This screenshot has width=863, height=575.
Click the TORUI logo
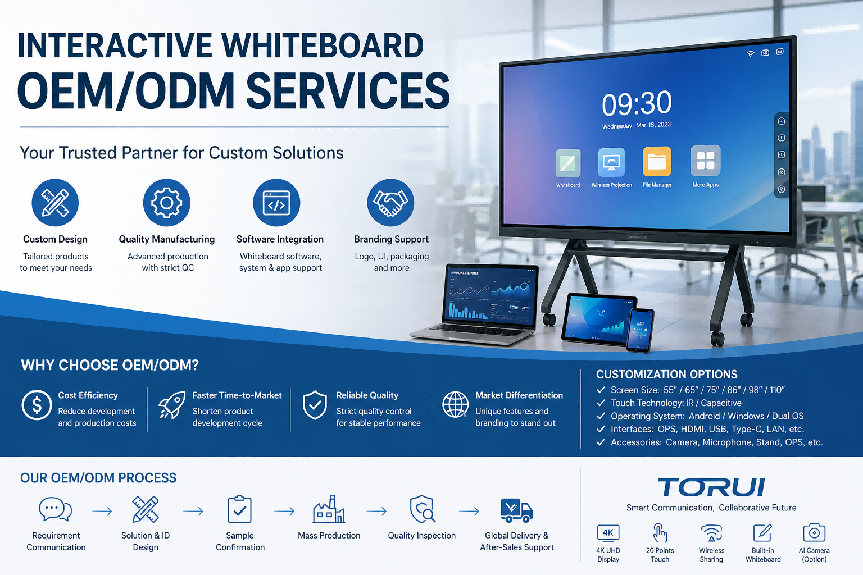coord(711,487)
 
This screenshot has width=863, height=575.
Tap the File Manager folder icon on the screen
coord(657,161)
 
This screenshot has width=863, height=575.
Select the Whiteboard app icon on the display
coord(568,163)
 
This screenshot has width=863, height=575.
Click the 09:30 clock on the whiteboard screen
coord(637,103)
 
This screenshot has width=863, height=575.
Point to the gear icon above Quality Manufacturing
coord(166,203)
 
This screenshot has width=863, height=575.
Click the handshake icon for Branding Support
coord(390,203)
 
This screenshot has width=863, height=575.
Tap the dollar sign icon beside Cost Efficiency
coord(37,405)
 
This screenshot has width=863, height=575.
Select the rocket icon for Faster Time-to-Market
coord(172,405)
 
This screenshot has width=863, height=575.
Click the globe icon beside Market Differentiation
coord(455,405)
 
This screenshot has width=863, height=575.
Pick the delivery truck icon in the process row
coord(516,510)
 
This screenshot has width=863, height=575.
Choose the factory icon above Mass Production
coord(329,509)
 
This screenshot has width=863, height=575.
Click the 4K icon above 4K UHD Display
coord(608,533)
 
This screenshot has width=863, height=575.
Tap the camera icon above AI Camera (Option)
coord(814,532)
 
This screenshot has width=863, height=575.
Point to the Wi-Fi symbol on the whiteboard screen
coord(750,54)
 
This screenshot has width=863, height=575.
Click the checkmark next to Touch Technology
coord(601,403)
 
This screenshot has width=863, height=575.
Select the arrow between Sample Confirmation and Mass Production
coord(284,512)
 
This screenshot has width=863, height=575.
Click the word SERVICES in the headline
coord(348,92)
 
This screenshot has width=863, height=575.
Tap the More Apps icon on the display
coord(706,160)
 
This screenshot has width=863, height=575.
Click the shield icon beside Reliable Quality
coord(315,405)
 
